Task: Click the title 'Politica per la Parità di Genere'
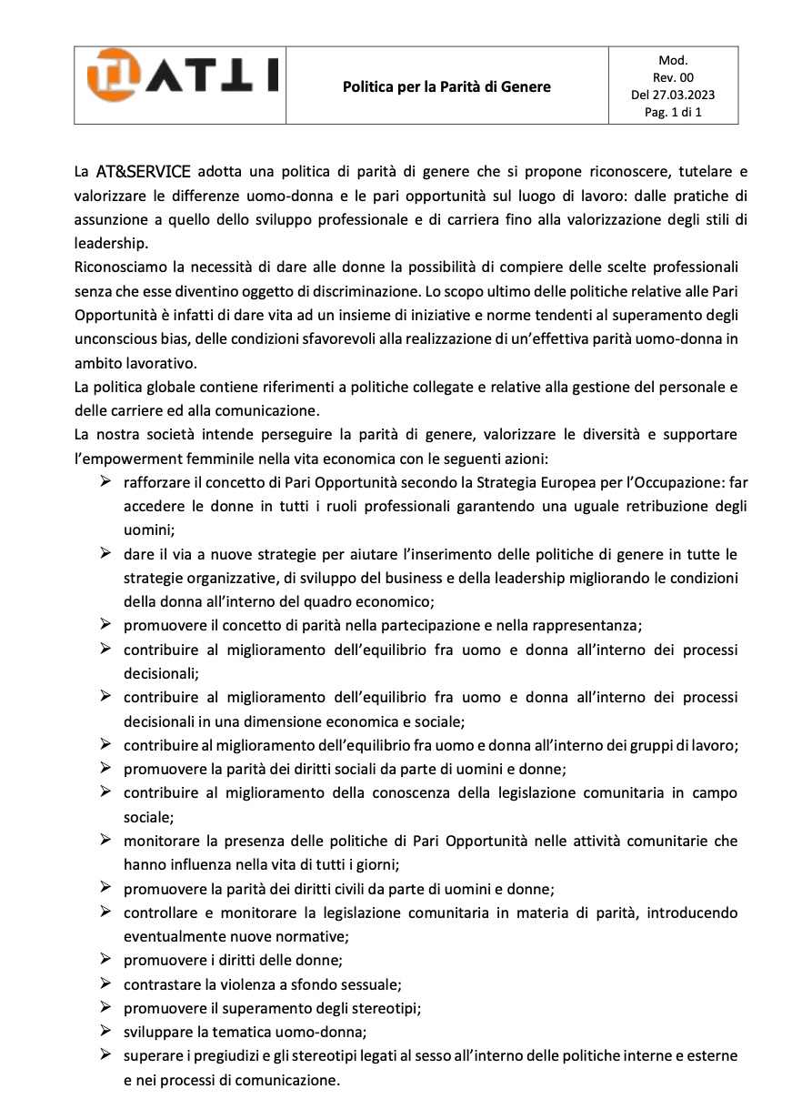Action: click(x=446, y=87)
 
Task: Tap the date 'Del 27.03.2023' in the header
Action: click(x=673, y=95)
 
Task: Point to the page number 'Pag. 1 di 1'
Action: click(x=673, y=113)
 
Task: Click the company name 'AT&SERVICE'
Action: click(x=143, y=171)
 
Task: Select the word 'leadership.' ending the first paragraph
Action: click(x=109, y=245)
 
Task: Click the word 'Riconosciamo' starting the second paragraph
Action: click(x=119, y=267)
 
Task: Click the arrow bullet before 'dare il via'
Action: click(x=105, y=553)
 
